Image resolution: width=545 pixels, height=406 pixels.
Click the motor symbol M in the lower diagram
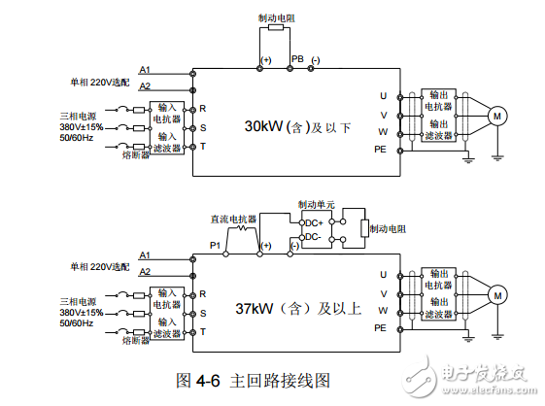tap(498, 294)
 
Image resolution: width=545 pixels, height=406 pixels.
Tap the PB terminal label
tap(298, 60)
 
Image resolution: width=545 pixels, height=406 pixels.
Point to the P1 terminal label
tap(216, 246)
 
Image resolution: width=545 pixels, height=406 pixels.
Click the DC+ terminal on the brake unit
tap(314, 222)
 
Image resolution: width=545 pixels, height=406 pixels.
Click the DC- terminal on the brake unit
tap(313, 236)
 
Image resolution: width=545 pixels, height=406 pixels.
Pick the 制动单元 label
tap(316, 205)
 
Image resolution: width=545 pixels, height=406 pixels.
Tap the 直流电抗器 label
tap(230, 220)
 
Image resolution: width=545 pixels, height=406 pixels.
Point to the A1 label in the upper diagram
tap(145, 70)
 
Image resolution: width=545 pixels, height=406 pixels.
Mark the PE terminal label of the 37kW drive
tap(381, 328)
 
